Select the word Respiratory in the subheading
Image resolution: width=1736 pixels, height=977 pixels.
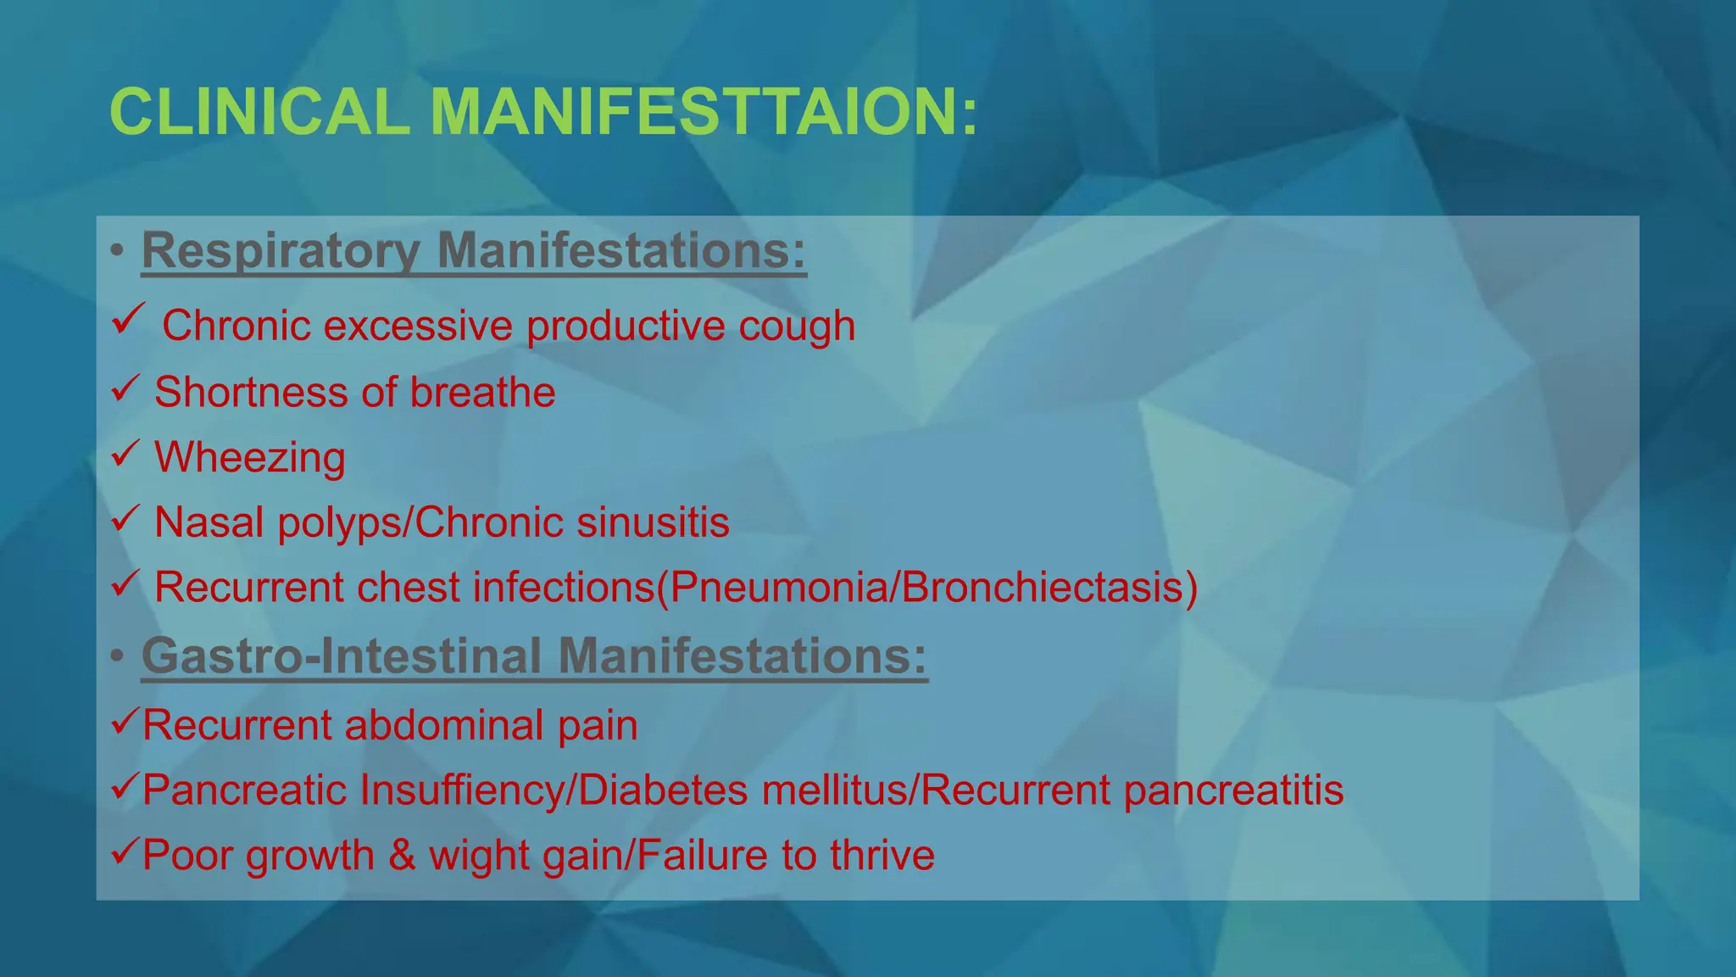coord(281,251)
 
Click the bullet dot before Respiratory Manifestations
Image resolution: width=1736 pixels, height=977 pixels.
coord(117,252)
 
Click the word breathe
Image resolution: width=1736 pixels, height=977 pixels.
coord(482,393)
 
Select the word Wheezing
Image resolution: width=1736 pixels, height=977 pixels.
coord(249,458)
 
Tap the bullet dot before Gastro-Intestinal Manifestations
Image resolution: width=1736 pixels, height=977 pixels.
coord(117,657)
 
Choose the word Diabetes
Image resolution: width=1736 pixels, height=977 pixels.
coord(664,790)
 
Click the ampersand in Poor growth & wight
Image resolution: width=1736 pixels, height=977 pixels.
coord(402,855)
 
